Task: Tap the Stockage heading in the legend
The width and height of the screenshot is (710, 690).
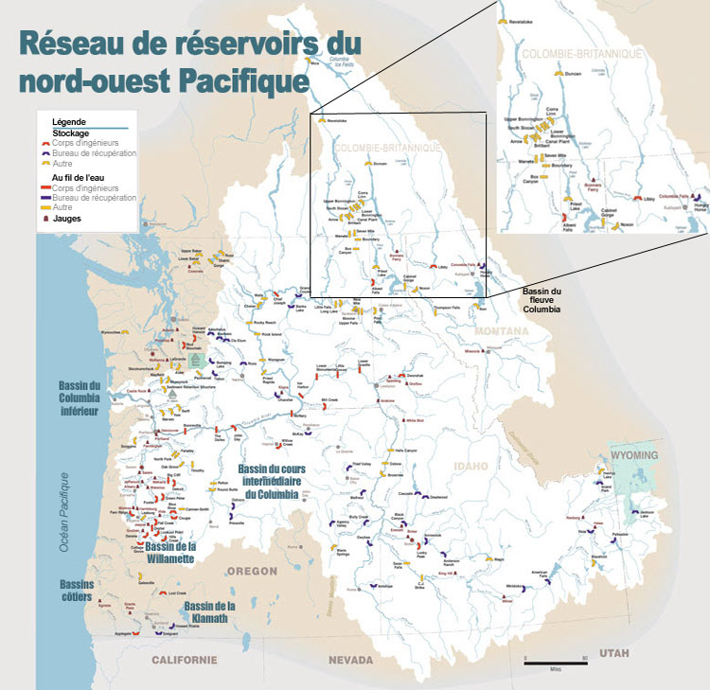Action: click(x=71, y=133)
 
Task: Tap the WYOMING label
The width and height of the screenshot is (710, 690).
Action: click(x=632, y=455)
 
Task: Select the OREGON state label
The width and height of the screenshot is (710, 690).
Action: click(x=251, y=571)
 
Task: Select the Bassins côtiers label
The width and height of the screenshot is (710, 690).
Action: click(x=77, y=590)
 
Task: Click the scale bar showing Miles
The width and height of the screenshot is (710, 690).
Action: click(x=556, y=660)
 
